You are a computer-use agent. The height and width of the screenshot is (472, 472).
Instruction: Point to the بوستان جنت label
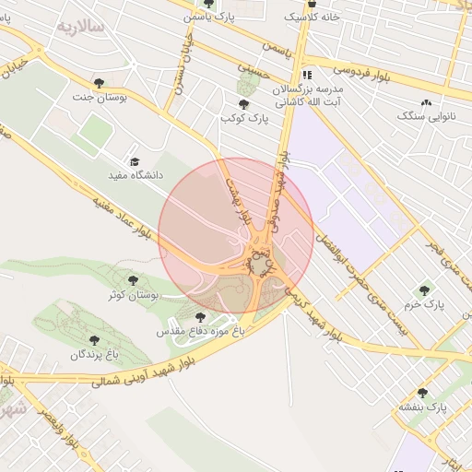(99, 95)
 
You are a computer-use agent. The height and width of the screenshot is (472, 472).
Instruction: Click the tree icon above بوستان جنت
(100, 81)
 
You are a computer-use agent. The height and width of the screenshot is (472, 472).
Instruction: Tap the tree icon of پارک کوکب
(243, 104)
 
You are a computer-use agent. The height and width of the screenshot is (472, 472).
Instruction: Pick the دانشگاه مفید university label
(136, 173)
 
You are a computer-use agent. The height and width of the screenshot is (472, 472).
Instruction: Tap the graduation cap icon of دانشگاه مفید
(136, 160)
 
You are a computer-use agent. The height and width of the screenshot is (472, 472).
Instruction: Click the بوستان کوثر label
(135, 294)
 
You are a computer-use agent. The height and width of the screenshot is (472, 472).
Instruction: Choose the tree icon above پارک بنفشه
(422, 393)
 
